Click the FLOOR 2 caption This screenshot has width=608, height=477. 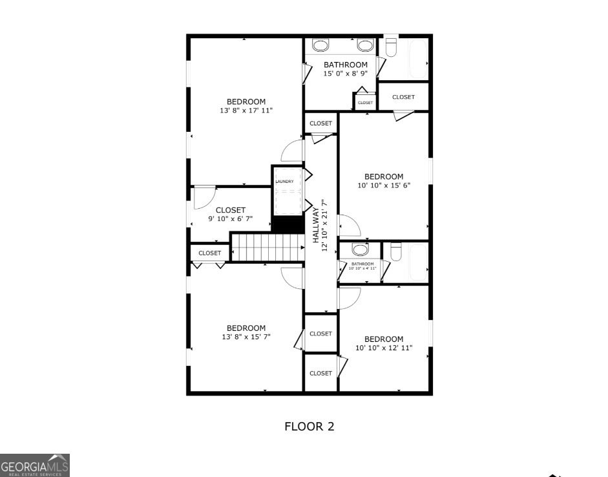309,427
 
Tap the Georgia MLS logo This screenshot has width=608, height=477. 35,465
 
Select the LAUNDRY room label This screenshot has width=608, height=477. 284,182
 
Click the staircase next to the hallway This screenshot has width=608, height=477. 267,248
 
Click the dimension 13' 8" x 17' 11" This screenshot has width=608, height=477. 246,111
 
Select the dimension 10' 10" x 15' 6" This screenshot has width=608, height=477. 384,185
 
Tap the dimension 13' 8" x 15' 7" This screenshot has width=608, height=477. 246,337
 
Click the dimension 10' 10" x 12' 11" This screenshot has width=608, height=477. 384,348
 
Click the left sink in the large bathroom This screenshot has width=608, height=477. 320,45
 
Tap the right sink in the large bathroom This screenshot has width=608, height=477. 366,45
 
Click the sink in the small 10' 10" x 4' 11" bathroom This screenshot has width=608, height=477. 361,249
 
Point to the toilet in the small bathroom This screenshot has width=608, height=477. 396,250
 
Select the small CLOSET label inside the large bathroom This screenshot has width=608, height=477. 365,103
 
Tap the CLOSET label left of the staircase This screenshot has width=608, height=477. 209,253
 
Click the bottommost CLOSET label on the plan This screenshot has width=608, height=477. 320,373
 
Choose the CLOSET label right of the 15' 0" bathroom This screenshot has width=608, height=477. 403,97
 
